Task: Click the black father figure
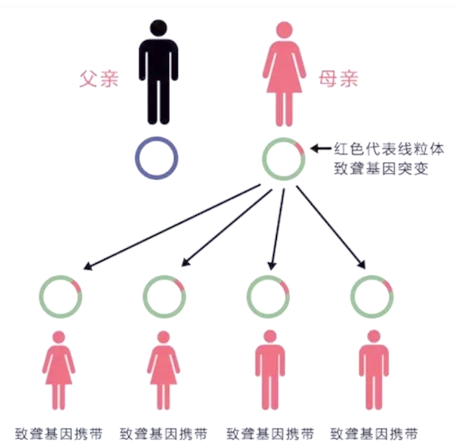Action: tap(158, 72)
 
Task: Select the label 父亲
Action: tap(99, 78)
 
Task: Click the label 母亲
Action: tap(338, 78)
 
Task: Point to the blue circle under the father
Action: tap(156, 158)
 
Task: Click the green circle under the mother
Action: tap(284, 159)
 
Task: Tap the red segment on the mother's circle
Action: tap(300, 148)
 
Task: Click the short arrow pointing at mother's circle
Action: tap(321, 149)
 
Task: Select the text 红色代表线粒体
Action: tap(389, 149)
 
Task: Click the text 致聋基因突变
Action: tap(381, 168)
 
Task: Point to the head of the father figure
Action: tap(158, 28)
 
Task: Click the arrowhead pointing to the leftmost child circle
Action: tap(88, 266)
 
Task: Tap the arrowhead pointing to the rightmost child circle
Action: tap(362, 264)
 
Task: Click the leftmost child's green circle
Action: tap(60, 296)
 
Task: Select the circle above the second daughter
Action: tap(164, 296)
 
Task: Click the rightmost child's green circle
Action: tap(372, 296)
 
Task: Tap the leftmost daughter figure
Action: tap(59, 370)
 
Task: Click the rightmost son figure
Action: tap(374, 370)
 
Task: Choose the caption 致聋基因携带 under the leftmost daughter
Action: tap(58, 434)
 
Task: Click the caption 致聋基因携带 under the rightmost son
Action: tap(374, 434)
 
